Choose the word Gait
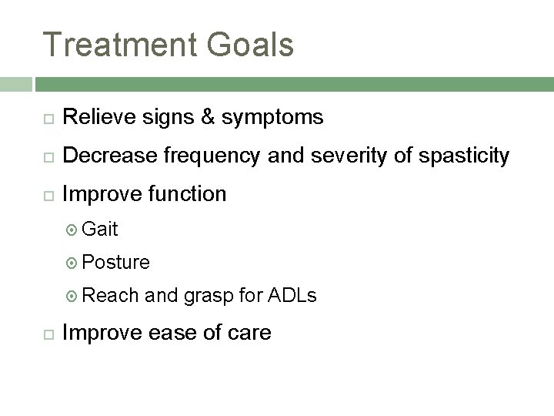pyautogui.click(x=99, y=229)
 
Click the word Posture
pyautogui.click(x=115, y=262)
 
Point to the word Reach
pyautogui.click(x=110, y=295)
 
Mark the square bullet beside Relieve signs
pyautogui.click(x=46, y=118)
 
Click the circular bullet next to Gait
pyautogui.click(x=72, y=230)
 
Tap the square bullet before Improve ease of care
pyautogui.click(x=46, y=334)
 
